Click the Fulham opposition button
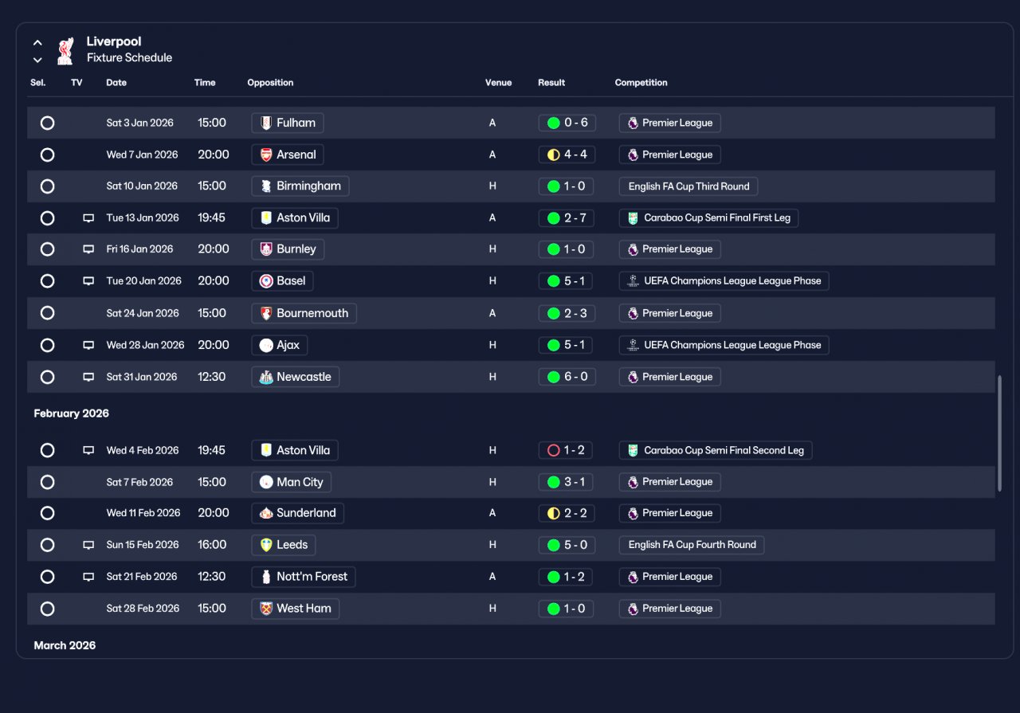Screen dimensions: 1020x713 (x=288, y=123)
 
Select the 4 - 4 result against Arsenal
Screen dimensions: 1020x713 (x=567, y=155)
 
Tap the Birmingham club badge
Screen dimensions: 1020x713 (x=266, y=186)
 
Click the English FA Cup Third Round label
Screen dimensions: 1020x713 (x=688, y=186)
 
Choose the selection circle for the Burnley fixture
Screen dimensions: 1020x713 (x=47, y=249)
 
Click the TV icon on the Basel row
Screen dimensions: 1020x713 (x=88, y=281)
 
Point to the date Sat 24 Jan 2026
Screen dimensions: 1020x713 (x=143, y=313)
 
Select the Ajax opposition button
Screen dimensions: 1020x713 (x=279, y=345)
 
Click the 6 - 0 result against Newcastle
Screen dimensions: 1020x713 (x=567, y=377)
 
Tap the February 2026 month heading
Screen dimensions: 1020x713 (x=72, y=413)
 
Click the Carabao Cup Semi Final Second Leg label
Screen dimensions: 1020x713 (x=716, y=450)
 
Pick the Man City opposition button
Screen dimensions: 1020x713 (x=291, y=482)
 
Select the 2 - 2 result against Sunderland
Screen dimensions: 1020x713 (x=567, y=513)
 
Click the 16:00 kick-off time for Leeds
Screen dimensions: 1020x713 (x=212, y=545)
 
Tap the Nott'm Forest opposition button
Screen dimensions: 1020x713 (x=304, y=577)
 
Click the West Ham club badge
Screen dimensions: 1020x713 (x=266, y=609)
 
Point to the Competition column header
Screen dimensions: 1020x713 (x=641, y=83)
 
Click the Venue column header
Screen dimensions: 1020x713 (x=498, y=83)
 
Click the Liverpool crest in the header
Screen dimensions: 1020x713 (x=65, y=51)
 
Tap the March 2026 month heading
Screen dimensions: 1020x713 (x=65, y=645)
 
